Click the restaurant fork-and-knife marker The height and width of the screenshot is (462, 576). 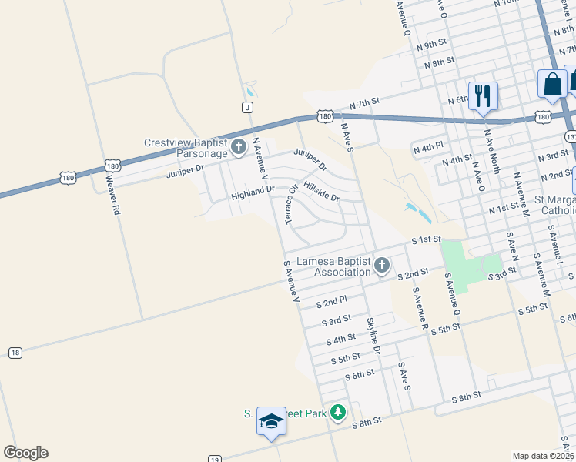click(x=483, y=95)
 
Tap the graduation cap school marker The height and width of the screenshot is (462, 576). click(x=271, y=420)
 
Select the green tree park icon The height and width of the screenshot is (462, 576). click(x=337, y=413)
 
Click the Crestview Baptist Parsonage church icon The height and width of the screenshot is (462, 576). click(x=239, y=146)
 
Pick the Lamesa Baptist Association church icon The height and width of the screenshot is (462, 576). click(x=382, y=266)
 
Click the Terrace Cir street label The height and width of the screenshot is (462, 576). click(x=291, y=204)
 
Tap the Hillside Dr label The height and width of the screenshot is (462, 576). click(x=321, y=192)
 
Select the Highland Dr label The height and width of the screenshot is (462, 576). click(x=253, y=198)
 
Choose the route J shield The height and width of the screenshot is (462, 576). click(x=247, y=107)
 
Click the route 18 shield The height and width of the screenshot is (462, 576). click(x=15, y=352)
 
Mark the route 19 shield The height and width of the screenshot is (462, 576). click(x=215, y=457)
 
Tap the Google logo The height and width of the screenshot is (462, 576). click(x=25, y=453)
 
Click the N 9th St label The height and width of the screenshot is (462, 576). click(x=431, y=43)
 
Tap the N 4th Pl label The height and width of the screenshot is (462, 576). click(x=429, y=146)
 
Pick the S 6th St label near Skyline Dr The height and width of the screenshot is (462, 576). click(x=360, y=374)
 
